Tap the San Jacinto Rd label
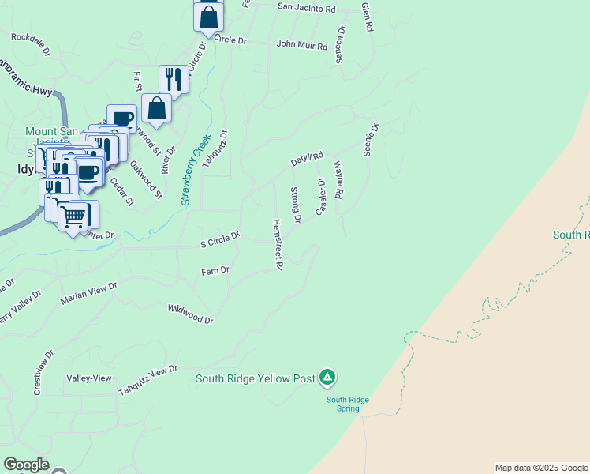coord(307,9)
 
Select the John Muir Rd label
coord(302,45)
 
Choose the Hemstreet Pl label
coord(277,245)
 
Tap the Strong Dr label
coord(296,205)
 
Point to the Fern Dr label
coord(215,271)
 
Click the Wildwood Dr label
coord(191,314)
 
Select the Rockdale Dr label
coord(31,41)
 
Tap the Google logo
coord(26,465)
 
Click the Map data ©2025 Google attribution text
coord(540,468)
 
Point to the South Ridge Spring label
coord(349,404)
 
